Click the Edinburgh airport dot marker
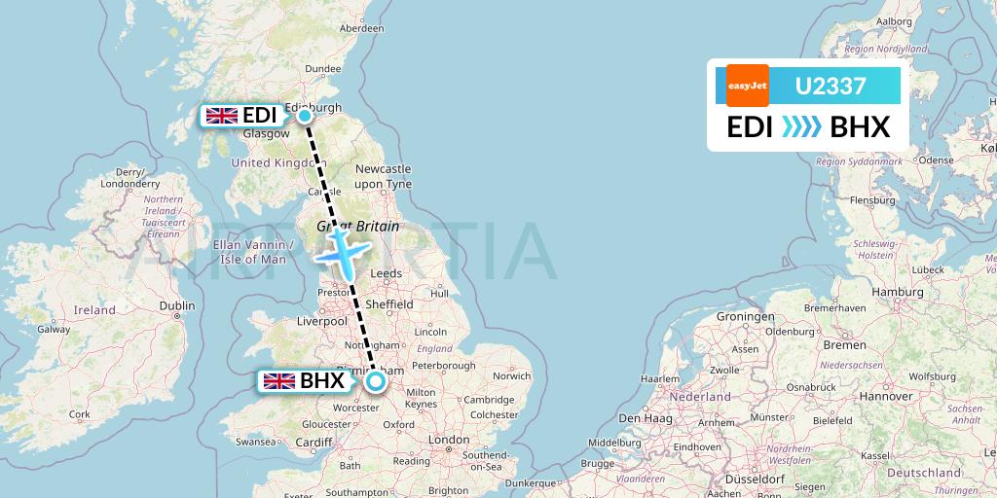point(305,116)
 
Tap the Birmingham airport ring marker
point(375,381)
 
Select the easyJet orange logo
point(748,86)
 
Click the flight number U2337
point(831,86)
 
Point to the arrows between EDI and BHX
point(802,127)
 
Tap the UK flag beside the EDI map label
point(222,116)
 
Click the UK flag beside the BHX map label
point(279,381)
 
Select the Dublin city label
point(177,305)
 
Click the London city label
point(449,440)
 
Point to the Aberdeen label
point(361,28)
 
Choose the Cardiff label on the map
point(314,443)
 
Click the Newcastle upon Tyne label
point(383,176)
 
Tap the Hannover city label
point(885,396)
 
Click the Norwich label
point(511,375)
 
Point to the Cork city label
point(80,414)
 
